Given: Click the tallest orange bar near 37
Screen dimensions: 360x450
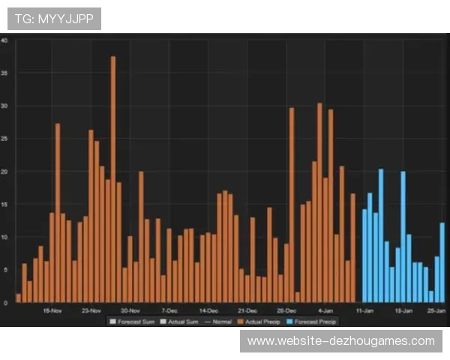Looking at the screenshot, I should [x=113, y=180].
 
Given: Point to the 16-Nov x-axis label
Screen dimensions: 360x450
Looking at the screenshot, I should [x=52, y=310].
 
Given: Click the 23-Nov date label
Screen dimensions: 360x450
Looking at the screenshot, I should [x=91, y=310].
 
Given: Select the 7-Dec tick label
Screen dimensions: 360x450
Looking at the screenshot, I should [x=169, y=310].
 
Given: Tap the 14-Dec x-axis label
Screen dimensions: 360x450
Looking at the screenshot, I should [x=208, y=310].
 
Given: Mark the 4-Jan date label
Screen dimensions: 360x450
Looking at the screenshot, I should [x=325, y=310].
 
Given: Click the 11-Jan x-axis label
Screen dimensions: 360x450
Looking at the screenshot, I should [x=364, y=310].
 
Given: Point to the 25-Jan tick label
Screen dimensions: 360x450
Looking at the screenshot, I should [x=436, y=310].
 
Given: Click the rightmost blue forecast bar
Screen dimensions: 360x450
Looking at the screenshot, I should [x=442, y=262].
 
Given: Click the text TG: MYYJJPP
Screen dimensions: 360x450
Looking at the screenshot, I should [x=54, y=19].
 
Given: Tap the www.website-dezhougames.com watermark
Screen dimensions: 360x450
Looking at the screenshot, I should [x=341, y=341].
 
